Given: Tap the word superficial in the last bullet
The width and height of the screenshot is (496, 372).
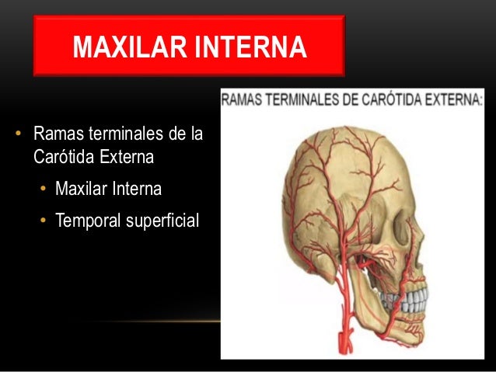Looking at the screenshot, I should pyautogui.click(x=161, y=221).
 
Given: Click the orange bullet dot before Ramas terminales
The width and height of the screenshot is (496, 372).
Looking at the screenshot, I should pyautogui.click(x=16, y=137).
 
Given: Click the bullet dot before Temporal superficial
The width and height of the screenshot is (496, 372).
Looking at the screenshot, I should pyautogui.click(x=45, y=222).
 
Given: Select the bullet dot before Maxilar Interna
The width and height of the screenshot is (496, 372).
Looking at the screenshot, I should pyautogui.click(x=45, y=189).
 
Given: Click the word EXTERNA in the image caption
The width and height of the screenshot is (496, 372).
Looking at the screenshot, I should pyautogui.click(x=456, y=99).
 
